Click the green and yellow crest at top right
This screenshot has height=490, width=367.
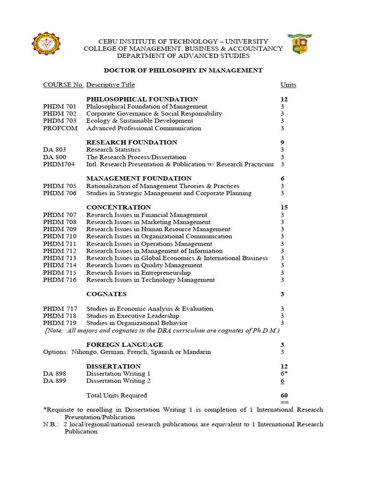pyautogui.click(x=300, y=44)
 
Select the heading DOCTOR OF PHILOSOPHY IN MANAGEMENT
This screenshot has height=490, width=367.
pyautogui.click(x=183, y=70)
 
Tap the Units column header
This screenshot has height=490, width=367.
pyautogui.click(x=288, y=85)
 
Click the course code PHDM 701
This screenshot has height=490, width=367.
pyautogui.click(x=60, y=106)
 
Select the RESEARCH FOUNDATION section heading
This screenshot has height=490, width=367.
pyautogui.click(x=131, y=142)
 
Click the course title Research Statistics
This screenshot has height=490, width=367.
pyautogui.click(x=113, y=150)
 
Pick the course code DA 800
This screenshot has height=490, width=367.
pyautogui.click(x=54, y=157)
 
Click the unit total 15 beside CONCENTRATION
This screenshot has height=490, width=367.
pyautogui.click(x=284, y=207)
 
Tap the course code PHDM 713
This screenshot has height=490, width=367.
pyautogui.click(x=60, y=258)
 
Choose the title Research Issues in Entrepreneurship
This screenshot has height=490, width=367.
pyautogui.click(x=138, y=273)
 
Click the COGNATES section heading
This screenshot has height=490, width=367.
pyautogui.click(x=106, y=294)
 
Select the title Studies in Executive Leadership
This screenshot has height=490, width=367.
pyautogui.click(x=132, y=316)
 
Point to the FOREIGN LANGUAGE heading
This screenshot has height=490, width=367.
pyautogui.click(x=124, y=345)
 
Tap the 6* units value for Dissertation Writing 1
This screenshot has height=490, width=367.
pyautogui.click(x=284, y=373)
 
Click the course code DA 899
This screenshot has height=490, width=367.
pyautogui.click(x=54, y=381)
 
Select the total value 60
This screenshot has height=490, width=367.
pyautogui.click(x=284, y=396)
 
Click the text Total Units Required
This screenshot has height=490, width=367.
pyautogui.click(x=117, y=395)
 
